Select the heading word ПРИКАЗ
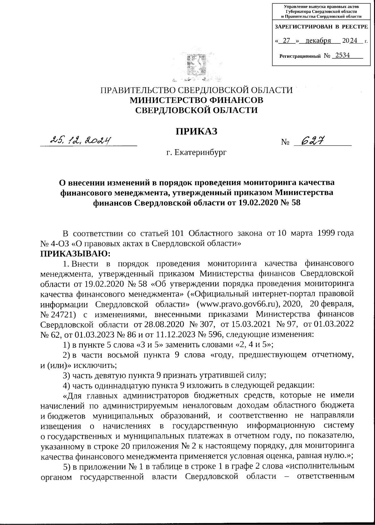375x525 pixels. (196, 131)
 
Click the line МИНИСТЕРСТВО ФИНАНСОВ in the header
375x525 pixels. (196, 100)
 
